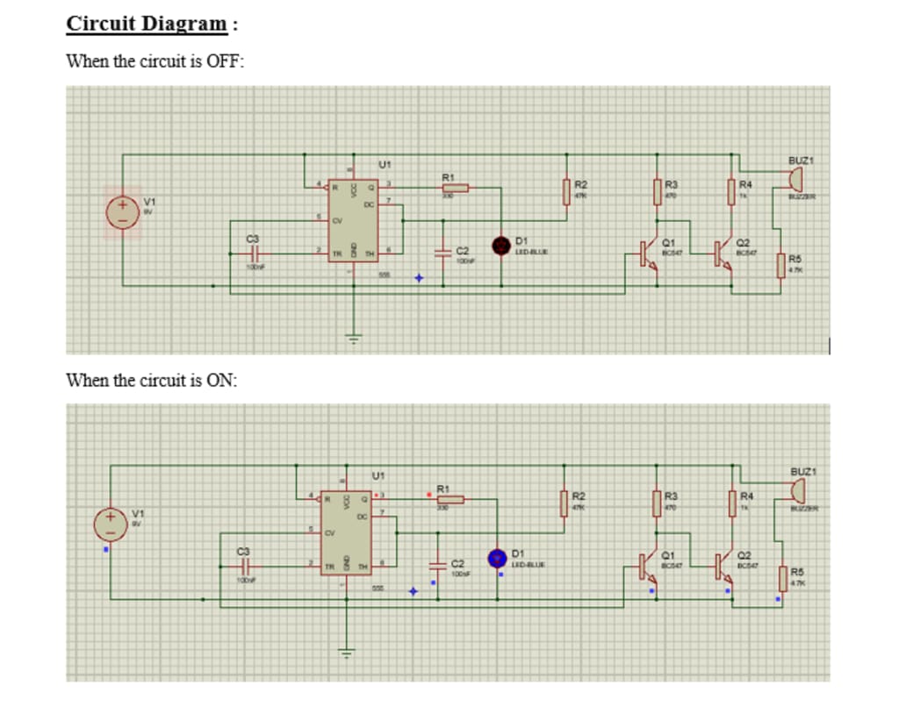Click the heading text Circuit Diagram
coord(146,23)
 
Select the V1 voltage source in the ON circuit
coord(111,522)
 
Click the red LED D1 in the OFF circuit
coord(502,244)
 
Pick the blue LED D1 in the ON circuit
coord(498,557)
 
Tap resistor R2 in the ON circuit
coord(565,504)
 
